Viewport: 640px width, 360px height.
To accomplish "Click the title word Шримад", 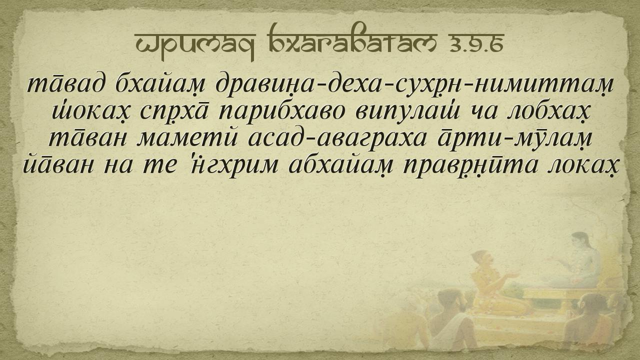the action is pyautogui.click(x=194, y=45).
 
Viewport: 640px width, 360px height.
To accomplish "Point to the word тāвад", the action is pyautogui.click(x=65, y=85).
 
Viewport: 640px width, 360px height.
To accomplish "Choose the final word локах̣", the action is pyautogui.click(x=583, y=165).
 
